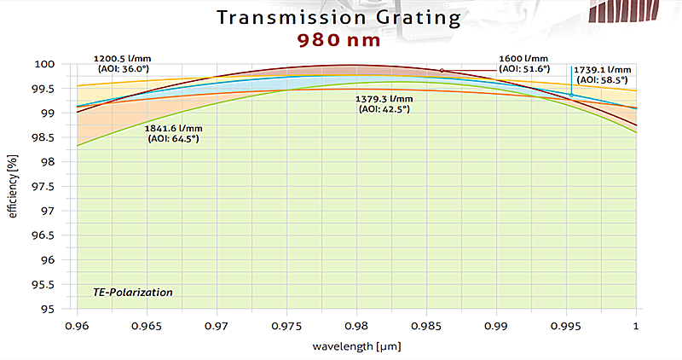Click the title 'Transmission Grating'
(x=341, y=17)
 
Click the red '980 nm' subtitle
(x=341, y=40)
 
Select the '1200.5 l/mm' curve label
(x=119, y=59)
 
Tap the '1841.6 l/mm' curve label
(x=176, y=127)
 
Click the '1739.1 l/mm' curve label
(x=604, y=69)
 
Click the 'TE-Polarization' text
(x=133, y=293)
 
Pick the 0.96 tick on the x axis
(x=78, y=326)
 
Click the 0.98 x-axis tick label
(x=357, y=326)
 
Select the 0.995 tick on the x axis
(x=567, y=326)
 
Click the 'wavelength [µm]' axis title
(x=356, y=346)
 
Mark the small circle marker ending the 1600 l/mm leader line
(x=442, y=70)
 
